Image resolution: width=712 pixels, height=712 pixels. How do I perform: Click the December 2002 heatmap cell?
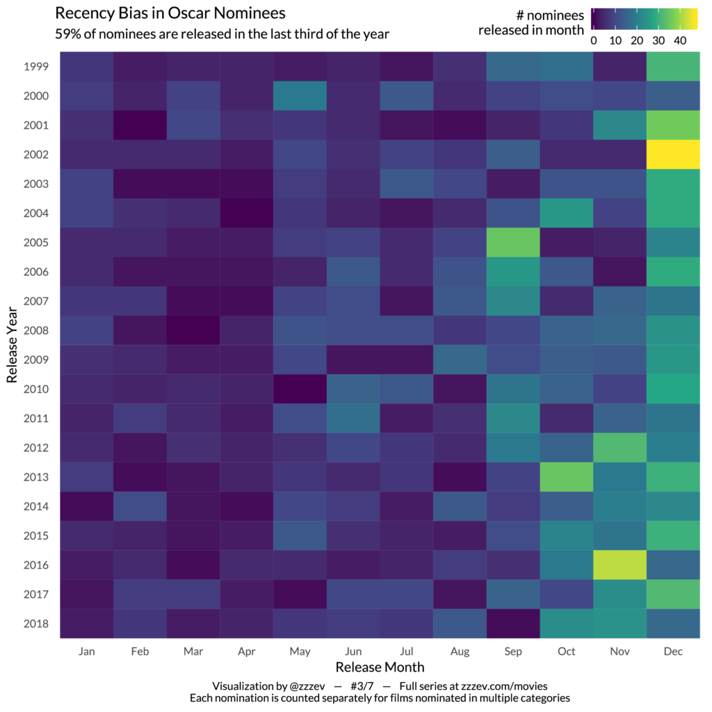point(673,154)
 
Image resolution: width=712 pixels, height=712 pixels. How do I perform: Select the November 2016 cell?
point(620,565)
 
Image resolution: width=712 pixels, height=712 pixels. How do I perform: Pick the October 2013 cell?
point(566,477)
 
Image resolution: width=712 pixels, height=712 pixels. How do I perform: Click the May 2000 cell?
point(300,96)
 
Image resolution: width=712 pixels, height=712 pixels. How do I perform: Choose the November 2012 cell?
point(620,448)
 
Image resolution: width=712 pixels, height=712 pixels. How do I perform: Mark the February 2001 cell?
point(140,125)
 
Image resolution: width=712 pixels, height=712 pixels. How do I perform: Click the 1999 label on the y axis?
point(35,67)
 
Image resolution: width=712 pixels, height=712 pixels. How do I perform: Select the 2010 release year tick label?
point(35,389)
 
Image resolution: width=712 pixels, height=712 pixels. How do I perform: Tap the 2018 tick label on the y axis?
point(35,624)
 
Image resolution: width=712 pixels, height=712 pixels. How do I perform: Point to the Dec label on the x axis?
point(673,652)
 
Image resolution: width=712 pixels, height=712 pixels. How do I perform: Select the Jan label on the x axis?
point(86,652)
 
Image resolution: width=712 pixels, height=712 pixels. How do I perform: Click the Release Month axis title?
point(380,667)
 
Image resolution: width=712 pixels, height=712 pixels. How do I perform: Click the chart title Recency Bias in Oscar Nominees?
point(170,13)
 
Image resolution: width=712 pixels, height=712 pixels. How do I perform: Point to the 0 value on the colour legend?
point(594,40)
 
